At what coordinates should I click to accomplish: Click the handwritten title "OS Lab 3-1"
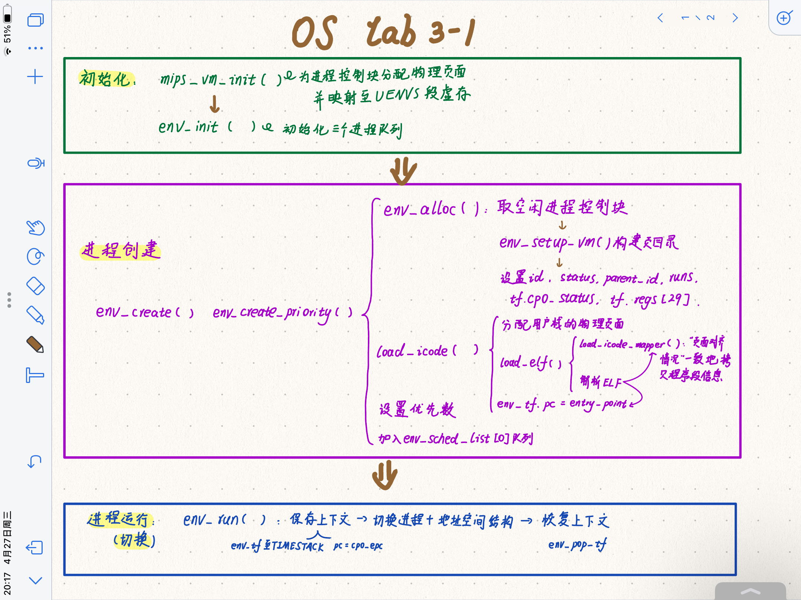384,32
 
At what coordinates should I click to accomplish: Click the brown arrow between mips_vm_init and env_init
214,104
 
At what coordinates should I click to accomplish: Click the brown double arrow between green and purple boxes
403,171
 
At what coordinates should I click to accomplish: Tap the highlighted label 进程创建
121,250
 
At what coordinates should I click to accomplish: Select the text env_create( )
145,312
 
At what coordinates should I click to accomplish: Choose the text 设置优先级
417,410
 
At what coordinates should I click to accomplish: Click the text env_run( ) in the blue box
224,520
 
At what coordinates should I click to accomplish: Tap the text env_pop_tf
577,545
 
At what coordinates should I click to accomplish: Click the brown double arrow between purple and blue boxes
385,475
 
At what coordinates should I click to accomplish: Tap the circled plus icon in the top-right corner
784,18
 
